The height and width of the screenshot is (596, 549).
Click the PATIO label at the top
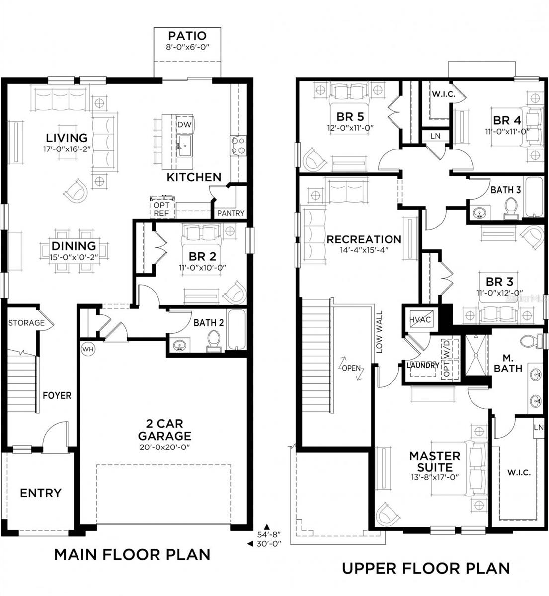click(x=186, y=36)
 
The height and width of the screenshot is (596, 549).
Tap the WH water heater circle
click(x=87, y=349)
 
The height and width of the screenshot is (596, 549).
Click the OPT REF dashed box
click(x=161, y=209)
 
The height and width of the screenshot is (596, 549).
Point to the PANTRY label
click(x=231, y=213)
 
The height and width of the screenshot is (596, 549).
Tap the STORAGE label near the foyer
click(x=26, y=323)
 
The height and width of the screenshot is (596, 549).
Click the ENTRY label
click(x=41, y=493)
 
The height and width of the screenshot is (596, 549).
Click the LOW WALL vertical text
click(x=379, y=332)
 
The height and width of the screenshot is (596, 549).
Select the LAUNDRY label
click(x=423, y=365)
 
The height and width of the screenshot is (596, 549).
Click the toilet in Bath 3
click(x=511, y=208)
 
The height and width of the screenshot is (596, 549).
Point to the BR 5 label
click(x=350, y=117)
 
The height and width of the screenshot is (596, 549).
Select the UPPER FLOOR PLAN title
click(x=426, y=568)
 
